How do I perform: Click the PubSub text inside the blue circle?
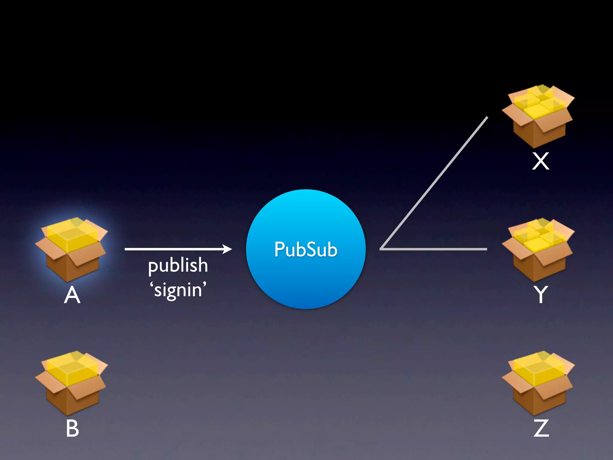click(x=306, y=249)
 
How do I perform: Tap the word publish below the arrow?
click(x=178, y=265)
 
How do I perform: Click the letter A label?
click(x=72, y=295)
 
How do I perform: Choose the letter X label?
click(x=541, y=161)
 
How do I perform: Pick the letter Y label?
click(x=541, y=294)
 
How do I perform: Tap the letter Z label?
click(x=541, y=428)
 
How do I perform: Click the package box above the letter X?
click(x=538, y=116)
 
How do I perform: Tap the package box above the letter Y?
click(x=538, y=249)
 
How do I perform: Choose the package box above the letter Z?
click(x=538, y=382)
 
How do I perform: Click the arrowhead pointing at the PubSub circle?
click(x=227, y=249)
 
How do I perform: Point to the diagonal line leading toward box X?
click(x=434, y=183)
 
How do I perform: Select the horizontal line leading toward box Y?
click(x=434, y=249)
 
